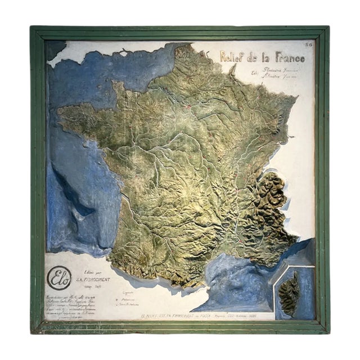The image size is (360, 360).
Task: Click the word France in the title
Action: click(x=287, y=57)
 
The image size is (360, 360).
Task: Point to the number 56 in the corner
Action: click(x=309, y=44)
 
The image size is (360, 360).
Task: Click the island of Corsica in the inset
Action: click(x=290, y=292)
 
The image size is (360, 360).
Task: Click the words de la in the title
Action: click(x=259, y=57)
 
